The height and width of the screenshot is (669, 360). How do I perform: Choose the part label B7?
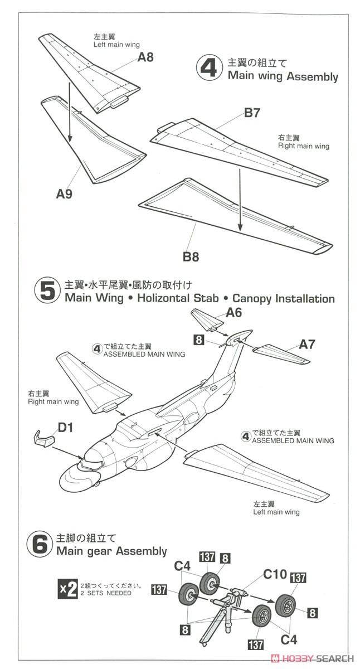point(252,113)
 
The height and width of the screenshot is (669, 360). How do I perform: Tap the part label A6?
point(234,313)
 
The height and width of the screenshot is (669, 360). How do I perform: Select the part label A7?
point(307,344)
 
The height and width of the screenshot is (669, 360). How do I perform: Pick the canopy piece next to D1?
point(42,439)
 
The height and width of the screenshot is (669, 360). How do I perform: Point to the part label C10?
point(275,573)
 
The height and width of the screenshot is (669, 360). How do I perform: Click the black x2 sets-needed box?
point(67,590)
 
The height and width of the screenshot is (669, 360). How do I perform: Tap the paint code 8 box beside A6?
point(198,339)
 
